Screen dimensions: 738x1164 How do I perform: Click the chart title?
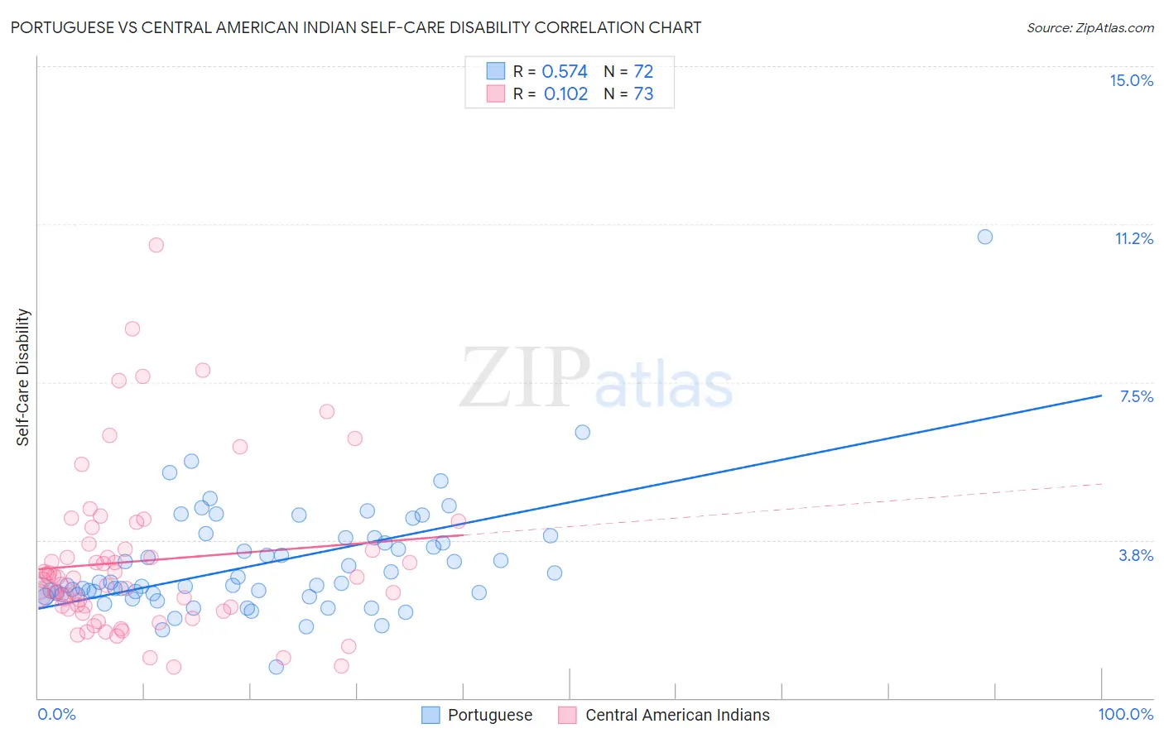(356, 27)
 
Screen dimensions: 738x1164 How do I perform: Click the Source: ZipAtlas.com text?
(1089, 28)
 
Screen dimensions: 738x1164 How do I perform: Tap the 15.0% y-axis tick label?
(1131, 80)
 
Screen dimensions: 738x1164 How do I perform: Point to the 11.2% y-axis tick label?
(1133, 238)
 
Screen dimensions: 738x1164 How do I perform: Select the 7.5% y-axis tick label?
(1136, 396)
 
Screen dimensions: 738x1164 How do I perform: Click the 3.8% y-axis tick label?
(1136, 555)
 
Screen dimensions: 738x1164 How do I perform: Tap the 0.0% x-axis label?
(56, 714)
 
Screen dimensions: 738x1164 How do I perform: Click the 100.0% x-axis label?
(1125, 714)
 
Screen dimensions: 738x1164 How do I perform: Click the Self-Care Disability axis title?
(23, 377)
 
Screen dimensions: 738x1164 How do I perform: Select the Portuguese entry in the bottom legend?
(490, 715)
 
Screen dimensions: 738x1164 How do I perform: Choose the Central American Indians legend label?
(677, 715)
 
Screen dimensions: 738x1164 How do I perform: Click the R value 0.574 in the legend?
(565, 72)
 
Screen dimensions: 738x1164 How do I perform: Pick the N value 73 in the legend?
(643, 94)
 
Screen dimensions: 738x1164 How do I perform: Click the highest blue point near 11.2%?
(984, 237)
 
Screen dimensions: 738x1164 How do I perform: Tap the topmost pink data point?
(156, 245)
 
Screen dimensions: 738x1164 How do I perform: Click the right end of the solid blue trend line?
(1101, 395)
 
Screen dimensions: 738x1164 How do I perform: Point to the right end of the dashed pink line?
(1102, 483)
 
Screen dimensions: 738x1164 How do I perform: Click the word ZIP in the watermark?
(525, 378)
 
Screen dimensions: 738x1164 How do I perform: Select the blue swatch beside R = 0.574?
(495, 71)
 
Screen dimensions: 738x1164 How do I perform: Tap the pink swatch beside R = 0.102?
(495, 93)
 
